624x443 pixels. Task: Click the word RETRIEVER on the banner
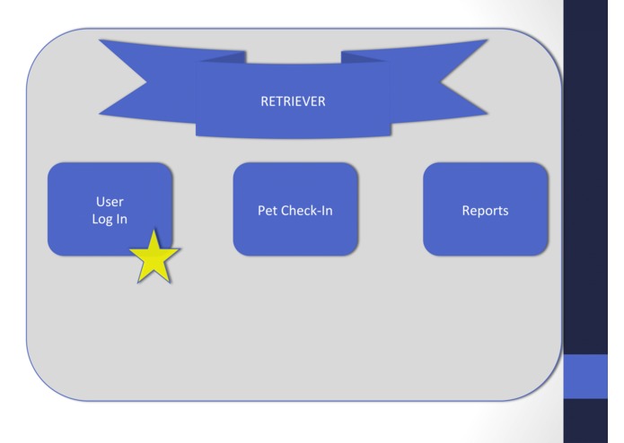[x=294, y=101]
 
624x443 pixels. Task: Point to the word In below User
[x=121, y=219]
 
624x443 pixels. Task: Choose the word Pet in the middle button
[x=268, y=211]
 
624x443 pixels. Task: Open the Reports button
[x=485, y=211]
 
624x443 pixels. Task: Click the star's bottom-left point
[x=138, y=282]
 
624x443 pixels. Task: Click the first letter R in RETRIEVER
[x=261, y=101]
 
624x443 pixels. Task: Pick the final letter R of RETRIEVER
[x=328, y=101]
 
